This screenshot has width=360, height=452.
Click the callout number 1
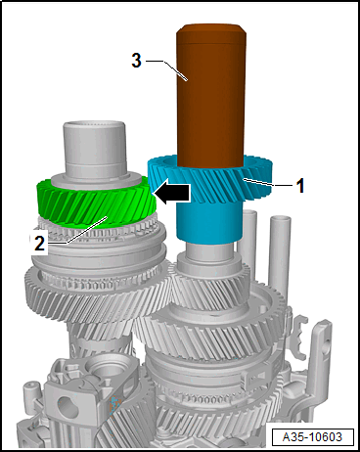[299, 186]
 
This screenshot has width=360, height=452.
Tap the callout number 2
[40, 244]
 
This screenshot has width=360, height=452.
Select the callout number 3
[136, 61]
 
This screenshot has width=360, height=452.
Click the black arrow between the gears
[171, 192]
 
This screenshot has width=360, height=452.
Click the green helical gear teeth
[95, 202]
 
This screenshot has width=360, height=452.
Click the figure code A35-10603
[312, 436]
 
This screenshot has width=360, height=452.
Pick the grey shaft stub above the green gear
[95, 149]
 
